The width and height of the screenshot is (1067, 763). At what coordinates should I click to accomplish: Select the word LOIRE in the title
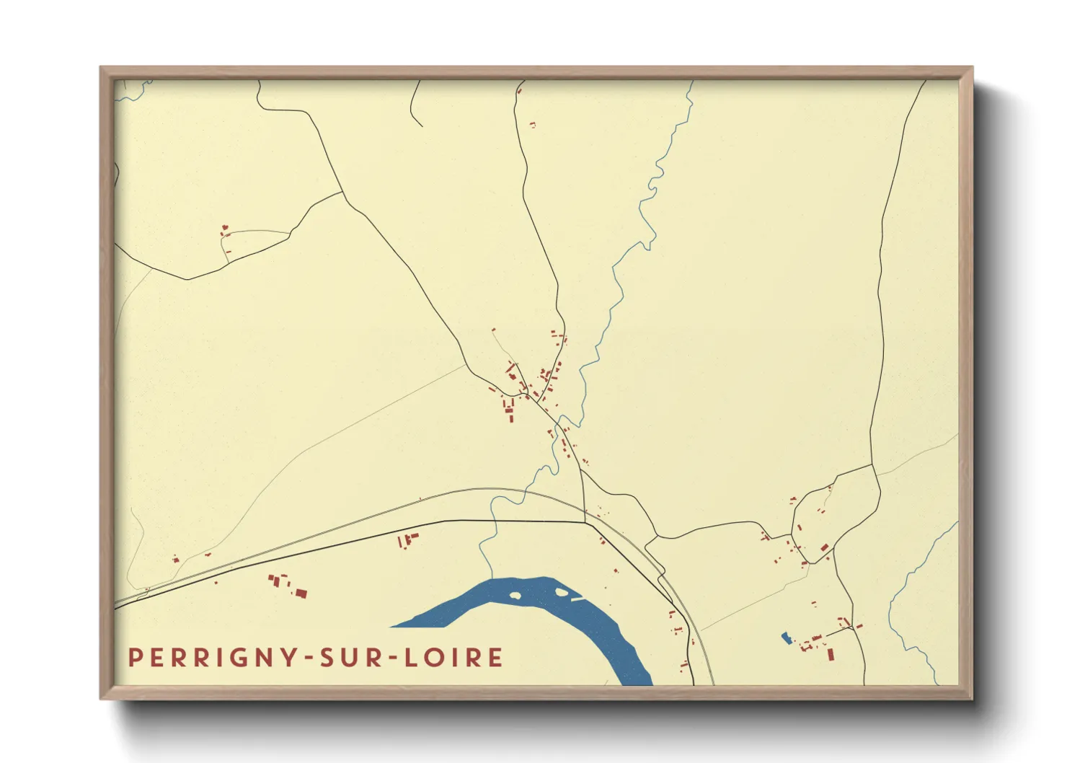[453, 658]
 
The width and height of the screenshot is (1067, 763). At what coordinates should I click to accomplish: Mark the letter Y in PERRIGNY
[289, 658]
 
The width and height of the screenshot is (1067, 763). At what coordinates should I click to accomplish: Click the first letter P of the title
[134, 658]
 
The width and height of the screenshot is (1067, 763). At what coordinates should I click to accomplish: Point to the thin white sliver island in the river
[577, 599]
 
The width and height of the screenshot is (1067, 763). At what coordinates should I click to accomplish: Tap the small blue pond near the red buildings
[786, 638]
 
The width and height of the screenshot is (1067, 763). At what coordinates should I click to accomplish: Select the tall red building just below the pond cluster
[831, 654]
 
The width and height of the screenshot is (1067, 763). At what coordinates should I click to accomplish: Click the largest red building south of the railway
[301, 594]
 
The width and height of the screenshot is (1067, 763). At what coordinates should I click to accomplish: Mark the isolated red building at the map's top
[533, 125]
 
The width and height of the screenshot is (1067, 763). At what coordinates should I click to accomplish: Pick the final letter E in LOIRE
[496, 658]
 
